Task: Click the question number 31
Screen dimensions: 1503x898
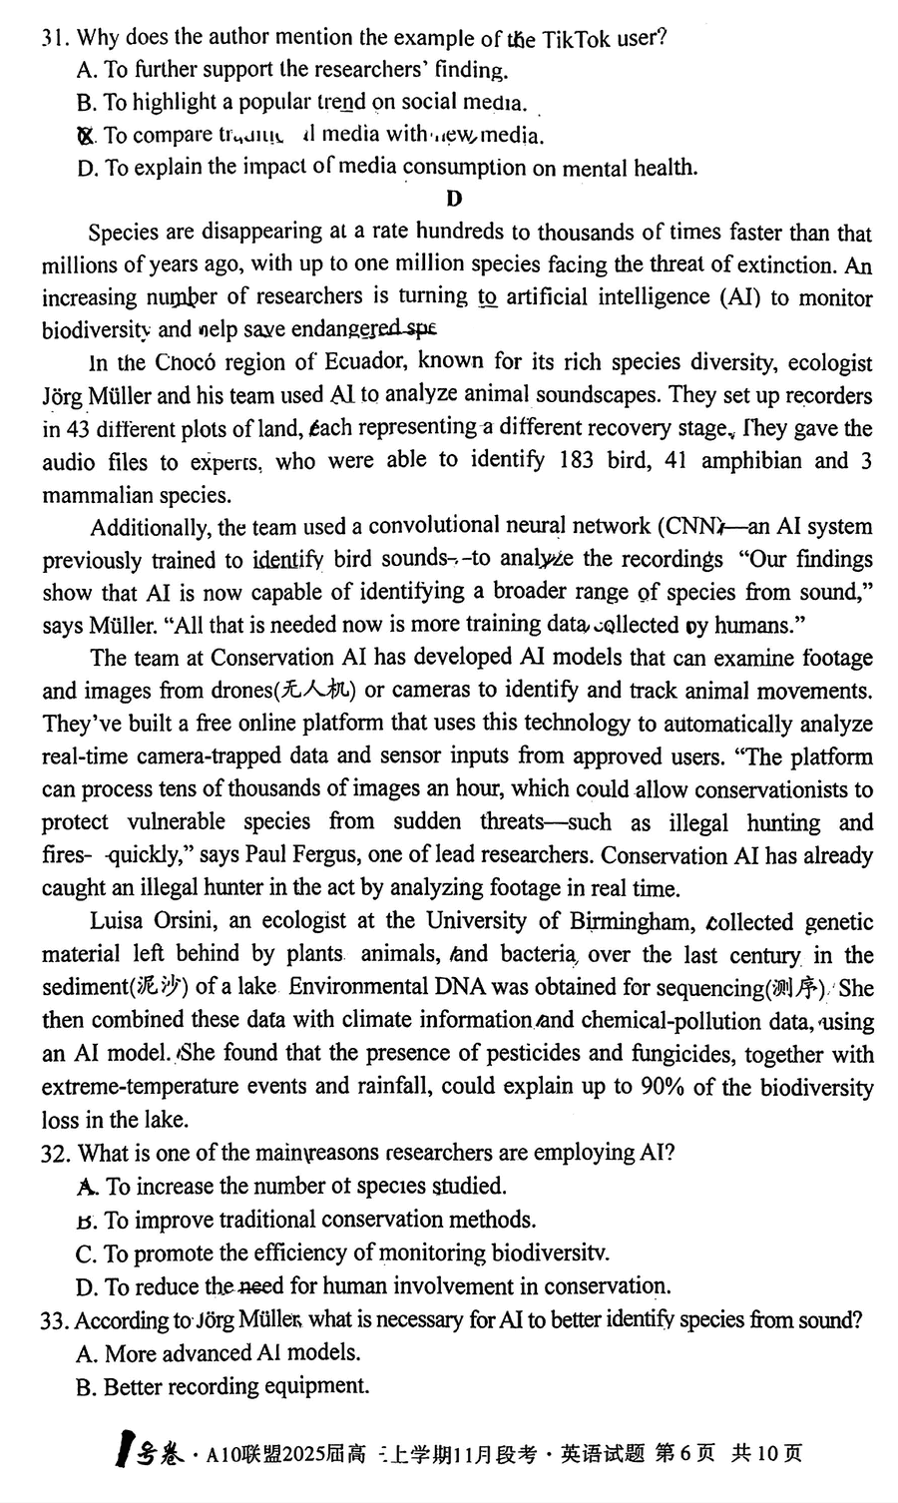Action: [x=54, y=39]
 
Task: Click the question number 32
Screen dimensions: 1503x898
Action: [x=54, y=1154]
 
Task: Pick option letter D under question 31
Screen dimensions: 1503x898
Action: [x=86, y=168]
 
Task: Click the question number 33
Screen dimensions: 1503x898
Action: [x=54, y=1320]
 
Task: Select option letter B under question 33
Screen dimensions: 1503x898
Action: [x=85, y=1386]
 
